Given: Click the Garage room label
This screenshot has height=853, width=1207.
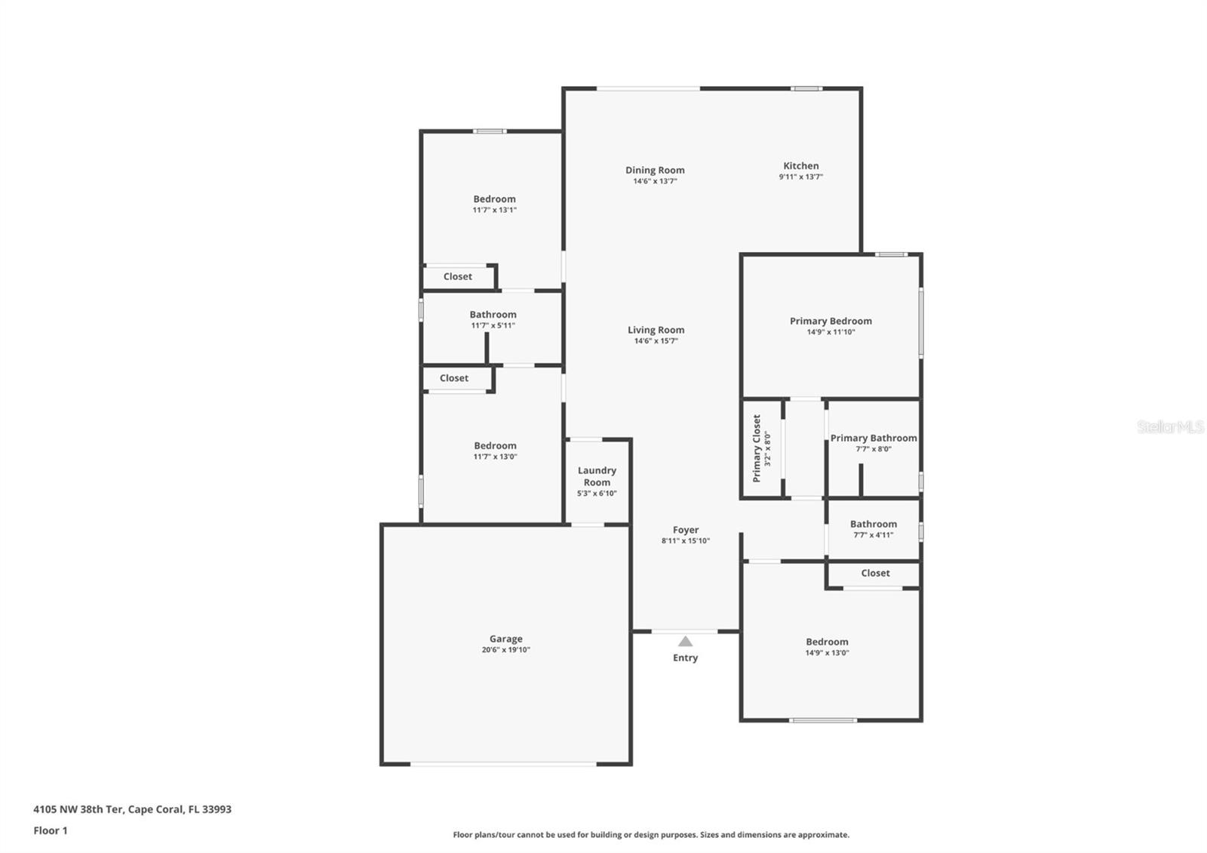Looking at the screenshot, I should pyautogui.click(x=505, y=639).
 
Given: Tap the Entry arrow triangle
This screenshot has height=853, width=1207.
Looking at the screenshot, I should pyautogui.click(x=685, y=642).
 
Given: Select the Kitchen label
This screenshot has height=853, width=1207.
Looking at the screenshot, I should pyautogui.click(x=800, y=166).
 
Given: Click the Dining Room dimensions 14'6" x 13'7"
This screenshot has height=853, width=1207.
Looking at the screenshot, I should pyautogui.click(x=655, y=181).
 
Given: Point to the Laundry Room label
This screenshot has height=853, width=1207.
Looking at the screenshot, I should pyautogui.click(x=597, y=476).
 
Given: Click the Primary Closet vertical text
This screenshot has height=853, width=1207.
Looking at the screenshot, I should pyautogui.click(x=757, y=448).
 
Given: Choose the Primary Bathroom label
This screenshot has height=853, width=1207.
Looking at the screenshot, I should pyautogui.click(x=874, y=438).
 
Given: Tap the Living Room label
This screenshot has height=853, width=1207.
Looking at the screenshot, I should pyautogui.click(x=656, y=330).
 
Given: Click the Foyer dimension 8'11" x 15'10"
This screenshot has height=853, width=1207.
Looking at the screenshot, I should pyautogui.click(x=685, y=540).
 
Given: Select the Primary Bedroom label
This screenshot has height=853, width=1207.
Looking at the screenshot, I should pyautogui.click(x=831, y=321).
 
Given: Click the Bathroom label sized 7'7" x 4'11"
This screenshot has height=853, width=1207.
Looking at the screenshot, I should pyautogui.click(x=874, y=524).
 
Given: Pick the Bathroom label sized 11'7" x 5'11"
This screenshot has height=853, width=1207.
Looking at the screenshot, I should pyautogui.click(x=493, y=315).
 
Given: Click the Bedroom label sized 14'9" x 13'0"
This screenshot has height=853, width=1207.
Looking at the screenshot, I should pyautogui.click(x=827, y=642).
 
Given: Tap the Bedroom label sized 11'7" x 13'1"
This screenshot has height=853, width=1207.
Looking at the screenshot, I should pyautogui.click(x=494, y=199).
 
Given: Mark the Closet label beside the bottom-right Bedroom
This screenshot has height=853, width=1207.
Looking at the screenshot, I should pyautogui.click(x=875, y=573).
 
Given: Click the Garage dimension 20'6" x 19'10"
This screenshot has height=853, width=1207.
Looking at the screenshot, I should pyautogui.click(x=505, y=650).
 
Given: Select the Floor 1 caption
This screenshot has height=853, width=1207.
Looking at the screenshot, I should pyautogui.click(x=51, y=830).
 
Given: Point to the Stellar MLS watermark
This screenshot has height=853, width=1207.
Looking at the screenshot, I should pyautogui.click(x=1170, y=427).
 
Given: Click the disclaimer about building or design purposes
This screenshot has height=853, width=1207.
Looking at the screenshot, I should pyautogui.click(x=650, y=835).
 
